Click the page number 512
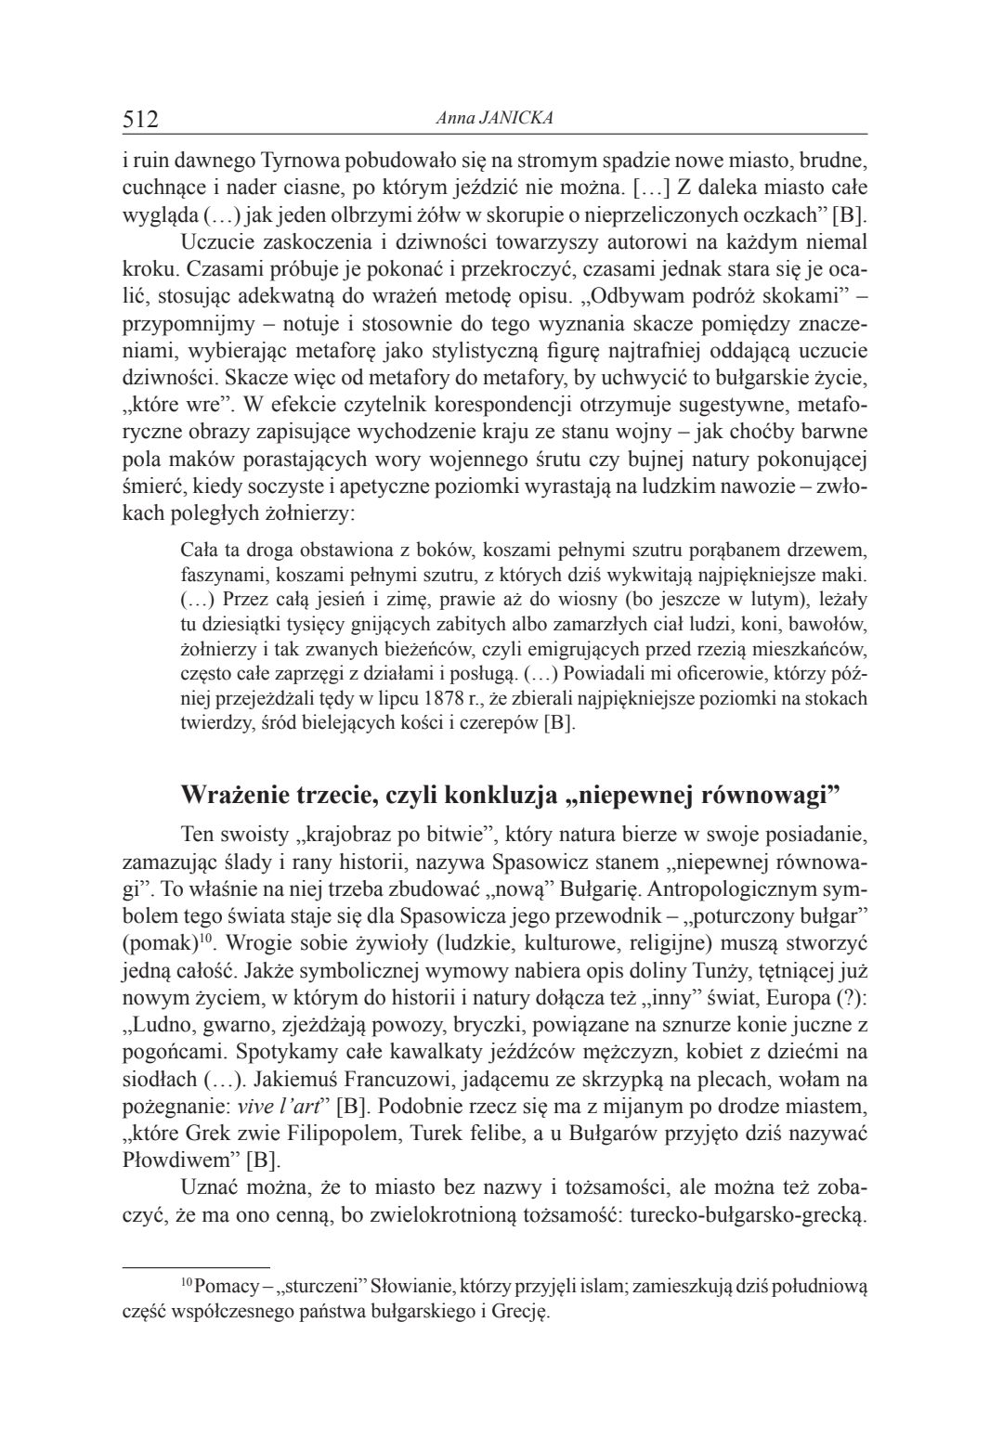tap(141, 119)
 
